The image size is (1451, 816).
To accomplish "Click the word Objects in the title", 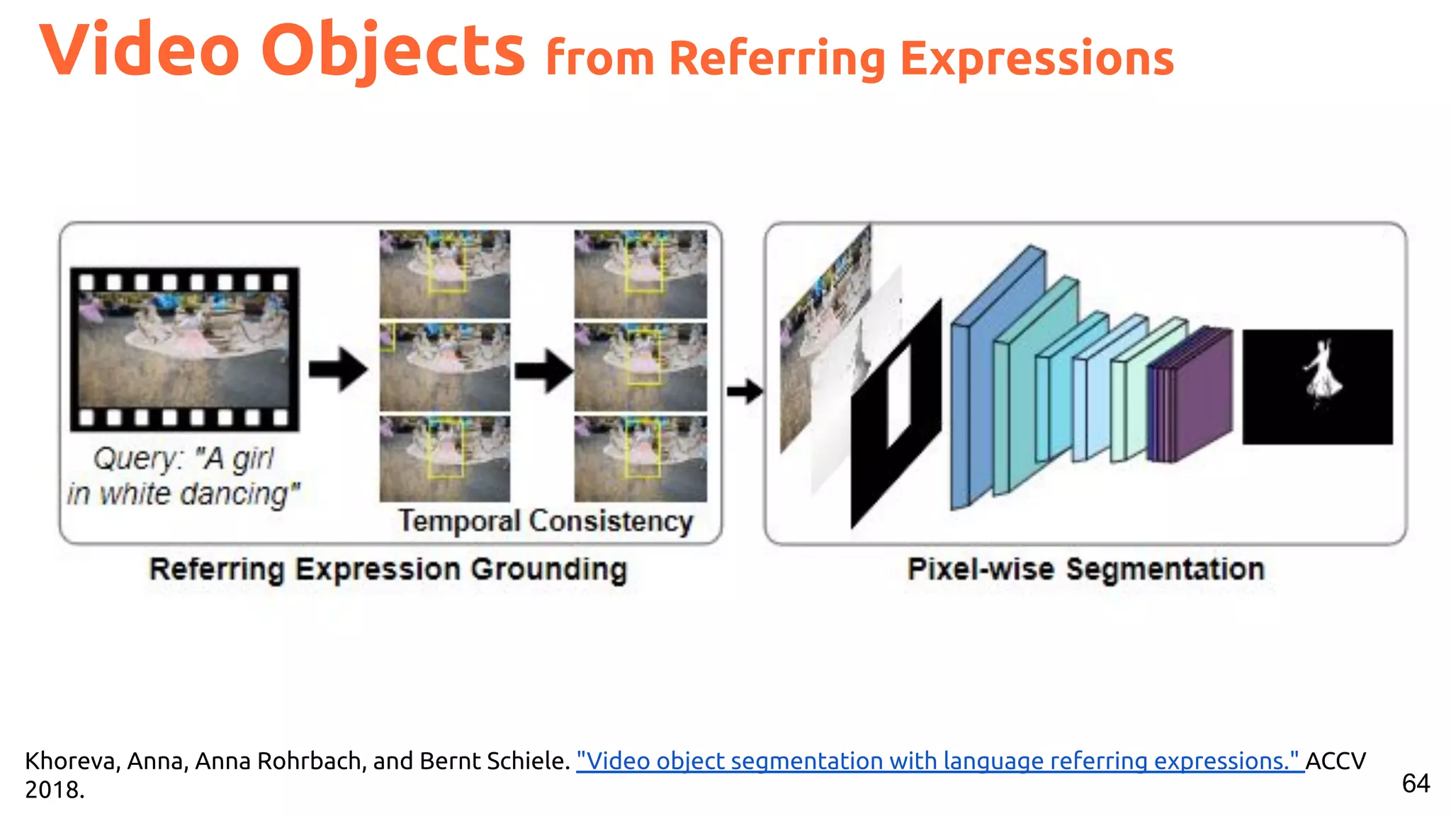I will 393,51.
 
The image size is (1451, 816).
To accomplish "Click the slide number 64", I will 1416,783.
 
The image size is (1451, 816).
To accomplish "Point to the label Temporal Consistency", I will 545,521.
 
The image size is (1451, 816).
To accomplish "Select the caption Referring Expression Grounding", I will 388,569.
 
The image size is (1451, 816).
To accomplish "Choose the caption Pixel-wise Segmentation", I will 1085,569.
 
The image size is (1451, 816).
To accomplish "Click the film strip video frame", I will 184,349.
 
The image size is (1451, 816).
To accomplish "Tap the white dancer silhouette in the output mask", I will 1322,375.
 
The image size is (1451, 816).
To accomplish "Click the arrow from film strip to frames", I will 338,368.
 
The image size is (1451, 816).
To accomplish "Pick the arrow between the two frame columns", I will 543,369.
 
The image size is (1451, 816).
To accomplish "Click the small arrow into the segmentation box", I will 745,390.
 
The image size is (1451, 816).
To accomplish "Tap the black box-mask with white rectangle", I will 896,414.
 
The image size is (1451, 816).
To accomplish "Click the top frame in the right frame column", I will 640,273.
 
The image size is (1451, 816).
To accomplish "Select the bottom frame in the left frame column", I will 444,459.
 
